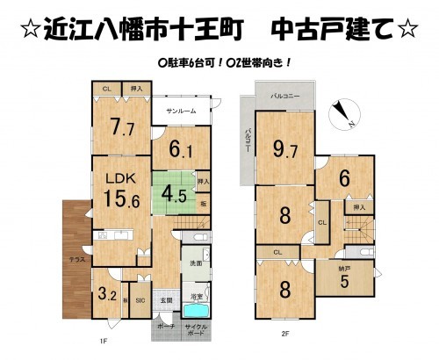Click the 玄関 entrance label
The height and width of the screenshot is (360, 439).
click(x=166, y=301)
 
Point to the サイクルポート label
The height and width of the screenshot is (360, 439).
click(x=198, y=332)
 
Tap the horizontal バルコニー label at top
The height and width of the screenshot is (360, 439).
click(x=286, y=93)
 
